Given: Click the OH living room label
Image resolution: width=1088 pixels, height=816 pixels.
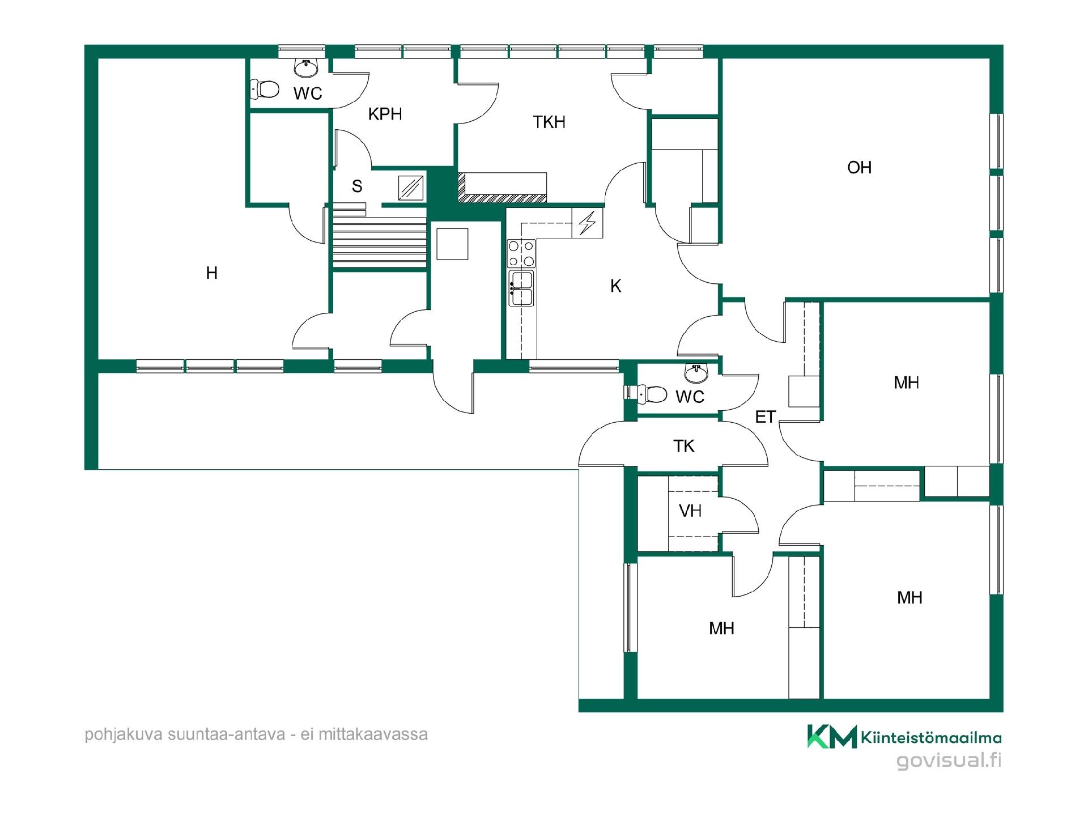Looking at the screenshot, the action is [x=859, y=167].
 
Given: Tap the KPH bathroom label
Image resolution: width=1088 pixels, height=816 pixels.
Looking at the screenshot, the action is [x=385, y=114].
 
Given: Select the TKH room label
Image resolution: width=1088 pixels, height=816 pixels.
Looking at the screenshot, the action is [x=549, y=122].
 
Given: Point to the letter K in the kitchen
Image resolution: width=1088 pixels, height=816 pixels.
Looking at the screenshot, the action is [x=616, y=286].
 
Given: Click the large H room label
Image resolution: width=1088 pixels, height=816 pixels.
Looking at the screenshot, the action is [x=211, y=273].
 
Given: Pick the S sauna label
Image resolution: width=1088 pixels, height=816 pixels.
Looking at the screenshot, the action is [x=357, y=186].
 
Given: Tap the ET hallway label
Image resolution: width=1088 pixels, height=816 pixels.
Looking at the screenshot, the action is [x=765, y=417].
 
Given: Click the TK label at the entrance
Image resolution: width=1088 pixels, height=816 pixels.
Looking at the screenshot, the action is [x=684, y=446].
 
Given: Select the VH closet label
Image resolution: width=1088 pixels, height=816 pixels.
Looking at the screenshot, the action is [x=690, y=511].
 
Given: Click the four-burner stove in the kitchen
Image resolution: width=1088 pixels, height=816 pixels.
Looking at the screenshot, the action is [x=521, y=253].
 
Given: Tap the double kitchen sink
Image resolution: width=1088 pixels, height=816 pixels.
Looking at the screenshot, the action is [x=521, y=288].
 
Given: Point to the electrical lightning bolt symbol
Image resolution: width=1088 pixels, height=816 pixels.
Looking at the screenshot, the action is [x=587, y=223].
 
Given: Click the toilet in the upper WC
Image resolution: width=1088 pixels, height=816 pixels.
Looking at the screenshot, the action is [x=265, y=89].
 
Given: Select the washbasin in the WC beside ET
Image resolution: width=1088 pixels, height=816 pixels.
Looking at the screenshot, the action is [x=696, y=372].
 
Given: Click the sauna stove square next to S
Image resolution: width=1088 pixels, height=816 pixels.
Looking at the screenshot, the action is [x=411, y=188].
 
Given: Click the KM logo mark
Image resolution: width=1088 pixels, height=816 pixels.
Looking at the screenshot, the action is [x=832, y=736].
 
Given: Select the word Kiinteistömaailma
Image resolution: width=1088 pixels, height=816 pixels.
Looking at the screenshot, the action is [x=931, y=737].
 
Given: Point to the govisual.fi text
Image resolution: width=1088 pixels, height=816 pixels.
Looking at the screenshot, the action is [x=949, y=760].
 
